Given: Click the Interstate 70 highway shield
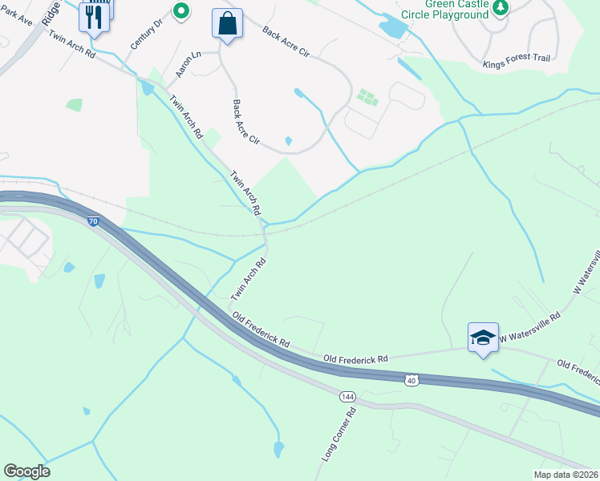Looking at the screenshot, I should tap(94, 220).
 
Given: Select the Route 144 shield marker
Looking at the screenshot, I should tap(347, 396).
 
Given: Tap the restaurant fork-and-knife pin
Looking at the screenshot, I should tap(95, 18).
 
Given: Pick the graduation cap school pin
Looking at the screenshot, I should tap(483, 338).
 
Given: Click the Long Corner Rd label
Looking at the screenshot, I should tap(339, 435).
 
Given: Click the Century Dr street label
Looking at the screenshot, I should tap(147, 23).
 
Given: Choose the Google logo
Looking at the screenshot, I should tap(26, 471).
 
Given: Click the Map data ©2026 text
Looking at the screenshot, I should tap(566, 475).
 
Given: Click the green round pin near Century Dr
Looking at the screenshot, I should tap(181, 10).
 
